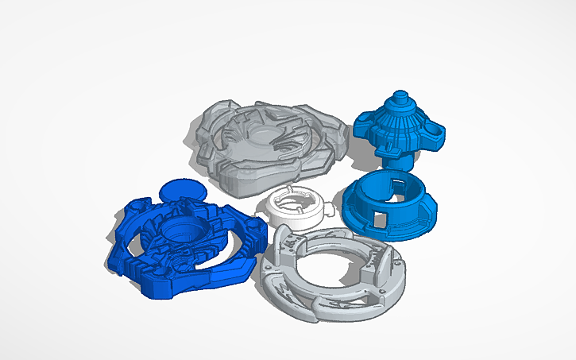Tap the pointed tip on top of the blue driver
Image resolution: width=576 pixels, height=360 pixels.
click(x=399, y=96)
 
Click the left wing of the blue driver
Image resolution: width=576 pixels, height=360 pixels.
click(x=363, y=126)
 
